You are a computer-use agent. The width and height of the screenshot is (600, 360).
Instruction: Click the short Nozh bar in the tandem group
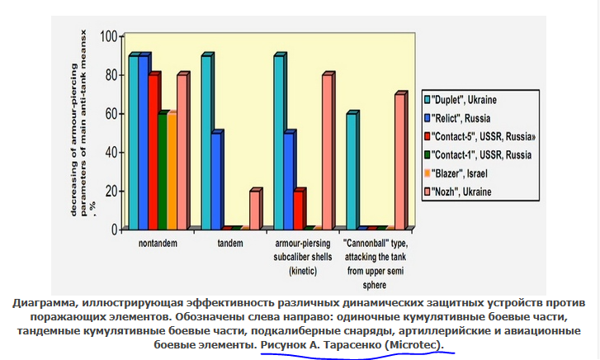[x=255, y=208]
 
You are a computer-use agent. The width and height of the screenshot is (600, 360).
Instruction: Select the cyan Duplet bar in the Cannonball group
[x=352, y=170]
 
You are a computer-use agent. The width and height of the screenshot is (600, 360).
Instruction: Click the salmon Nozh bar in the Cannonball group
[x=400, y=160]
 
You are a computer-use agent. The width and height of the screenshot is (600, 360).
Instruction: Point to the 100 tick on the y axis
[x=109, y=36]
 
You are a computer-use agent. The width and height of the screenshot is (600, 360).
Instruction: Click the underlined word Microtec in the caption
[x=412, y=343]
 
